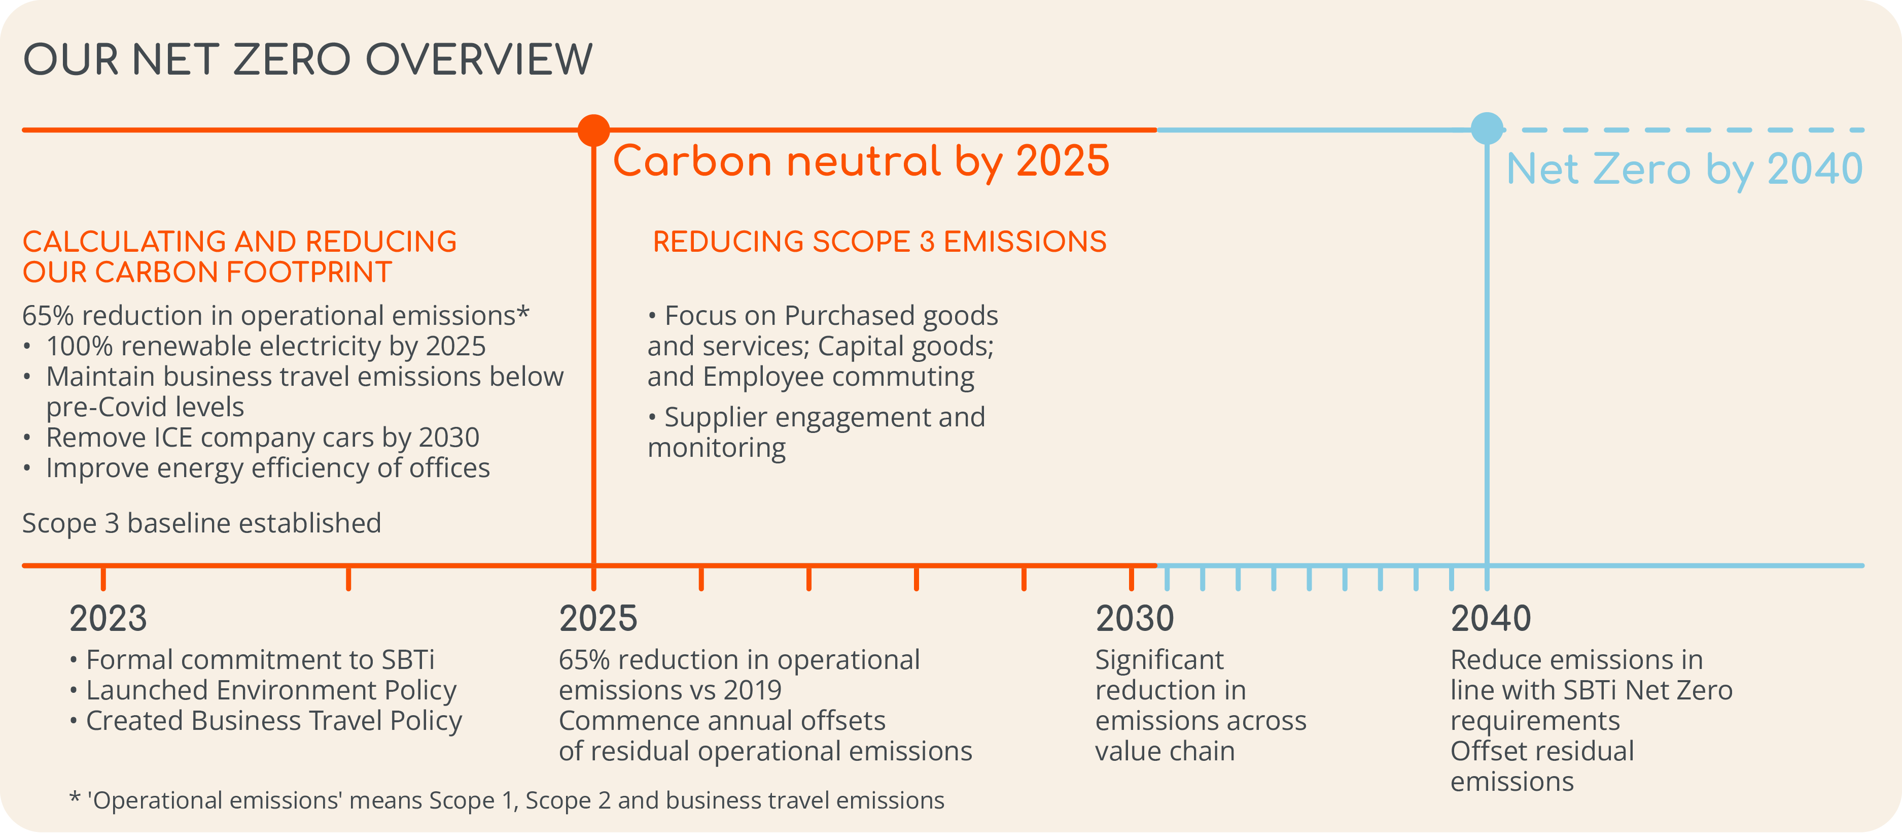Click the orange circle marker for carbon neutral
click(593, 130)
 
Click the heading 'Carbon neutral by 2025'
click(861, 161)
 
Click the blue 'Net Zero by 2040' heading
click(1684, 169)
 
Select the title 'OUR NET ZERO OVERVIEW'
click(308, 60)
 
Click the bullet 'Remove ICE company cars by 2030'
click(262, 438)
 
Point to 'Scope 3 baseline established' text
click(201, 523)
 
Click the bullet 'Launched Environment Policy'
click(271, 690)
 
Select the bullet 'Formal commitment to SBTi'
click(260, 660)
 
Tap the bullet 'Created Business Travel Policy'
click(274, 721)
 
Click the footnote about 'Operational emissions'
click(507, 800)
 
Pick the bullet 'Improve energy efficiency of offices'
click(267, 468)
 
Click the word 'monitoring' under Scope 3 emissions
click(716, 448)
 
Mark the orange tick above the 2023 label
click(103, 578)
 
